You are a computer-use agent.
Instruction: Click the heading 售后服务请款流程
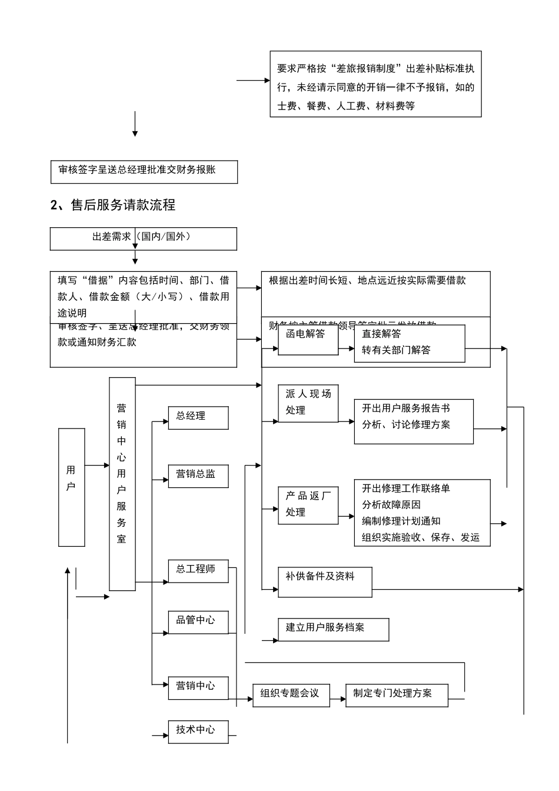(113, 205)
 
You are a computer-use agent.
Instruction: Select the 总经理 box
(198, 417)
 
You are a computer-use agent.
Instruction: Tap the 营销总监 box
(198, 476)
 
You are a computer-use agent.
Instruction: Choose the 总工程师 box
(198, 570)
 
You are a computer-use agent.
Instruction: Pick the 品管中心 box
(198, 621)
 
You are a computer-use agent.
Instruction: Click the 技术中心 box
(198, 732)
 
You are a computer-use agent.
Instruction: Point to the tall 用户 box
(71, 487)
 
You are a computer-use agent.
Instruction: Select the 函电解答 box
(308, 340)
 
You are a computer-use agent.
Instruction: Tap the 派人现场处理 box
(308, 403)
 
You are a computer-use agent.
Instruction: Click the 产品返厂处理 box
(308, 504)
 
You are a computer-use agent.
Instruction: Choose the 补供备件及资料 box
(324, 581)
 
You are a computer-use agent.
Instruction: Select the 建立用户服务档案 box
(333, 629)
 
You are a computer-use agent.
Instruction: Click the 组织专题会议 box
(291, 695)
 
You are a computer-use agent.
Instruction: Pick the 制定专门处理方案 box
(397, 695)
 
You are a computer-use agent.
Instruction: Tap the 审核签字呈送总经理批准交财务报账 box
(144, 171)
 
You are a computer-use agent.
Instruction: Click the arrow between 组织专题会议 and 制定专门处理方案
(338, 700)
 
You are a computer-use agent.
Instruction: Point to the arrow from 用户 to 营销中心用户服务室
(97, 466)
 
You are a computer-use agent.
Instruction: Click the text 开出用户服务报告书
(406, 408)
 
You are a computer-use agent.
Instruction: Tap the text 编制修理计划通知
(401, 521)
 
